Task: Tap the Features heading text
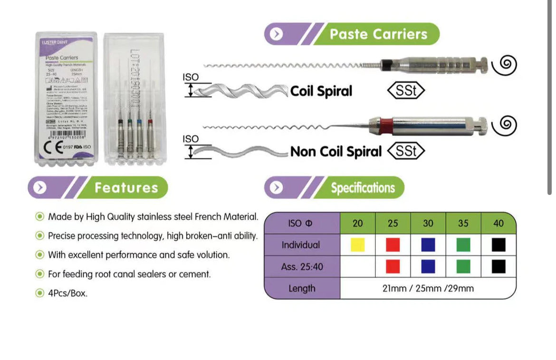[125, 187]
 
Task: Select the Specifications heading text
[363, 188]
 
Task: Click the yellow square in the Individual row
[357, 245]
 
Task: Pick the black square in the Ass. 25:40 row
[498, 266]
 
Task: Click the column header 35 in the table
[463, 223]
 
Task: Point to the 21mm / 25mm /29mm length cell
[428, 288]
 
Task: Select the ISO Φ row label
[301, 223]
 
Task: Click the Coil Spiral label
[321, 91]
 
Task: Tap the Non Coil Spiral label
[336, 152]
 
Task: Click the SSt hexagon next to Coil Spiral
[406, 91]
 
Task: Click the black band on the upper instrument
[388, 64]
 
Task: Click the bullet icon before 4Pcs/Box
[40, 293]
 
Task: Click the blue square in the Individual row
[428, 245]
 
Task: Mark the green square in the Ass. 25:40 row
[463, 266]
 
